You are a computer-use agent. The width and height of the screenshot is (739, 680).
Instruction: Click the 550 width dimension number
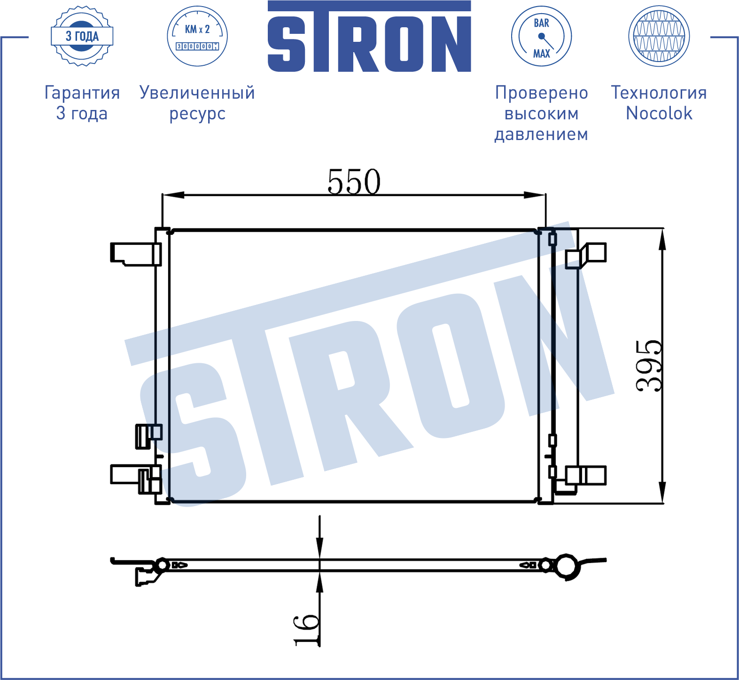tap(354, 182)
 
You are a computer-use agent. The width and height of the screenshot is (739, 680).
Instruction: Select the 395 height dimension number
tap(649, 366)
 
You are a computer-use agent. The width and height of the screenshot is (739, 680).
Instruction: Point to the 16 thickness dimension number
tap(306, 630)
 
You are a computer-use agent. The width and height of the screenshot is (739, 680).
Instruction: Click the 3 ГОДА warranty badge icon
tap(82, 36)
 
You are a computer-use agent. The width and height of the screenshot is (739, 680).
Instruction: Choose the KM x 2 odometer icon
tap(197, 36)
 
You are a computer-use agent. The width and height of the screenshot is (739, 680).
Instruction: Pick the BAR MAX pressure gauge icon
tap(541, 36)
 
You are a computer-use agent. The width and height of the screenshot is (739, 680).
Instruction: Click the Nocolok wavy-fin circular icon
tap(659, 36)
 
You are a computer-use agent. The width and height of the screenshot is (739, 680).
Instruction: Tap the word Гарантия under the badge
tap(82, 93)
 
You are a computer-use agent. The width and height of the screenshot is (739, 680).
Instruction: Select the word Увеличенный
tap(197, 93)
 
